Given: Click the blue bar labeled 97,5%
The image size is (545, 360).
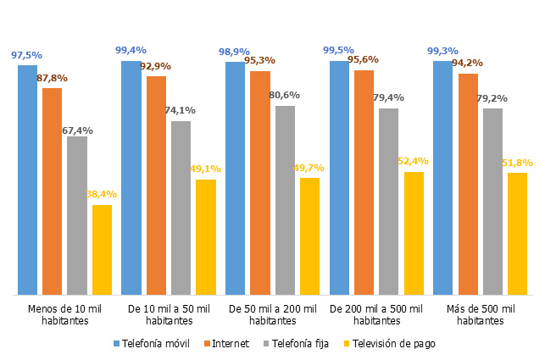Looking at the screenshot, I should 27,180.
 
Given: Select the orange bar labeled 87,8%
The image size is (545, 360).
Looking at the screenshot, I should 52,191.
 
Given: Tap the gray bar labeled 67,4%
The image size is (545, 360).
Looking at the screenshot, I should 77,215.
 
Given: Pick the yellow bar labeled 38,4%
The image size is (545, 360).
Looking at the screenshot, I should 102,250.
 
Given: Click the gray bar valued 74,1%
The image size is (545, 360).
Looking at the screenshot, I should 181,208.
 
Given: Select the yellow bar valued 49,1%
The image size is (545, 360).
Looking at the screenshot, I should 206,237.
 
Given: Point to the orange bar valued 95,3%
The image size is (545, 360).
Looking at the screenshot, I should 260,183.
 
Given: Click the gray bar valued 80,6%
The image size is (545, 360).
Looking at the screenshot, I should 285,200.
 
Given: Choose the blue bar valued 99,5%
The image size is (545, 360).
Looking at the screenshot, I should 339,178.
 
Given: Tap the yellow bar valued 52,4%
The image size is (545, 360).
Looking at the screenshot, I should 414,233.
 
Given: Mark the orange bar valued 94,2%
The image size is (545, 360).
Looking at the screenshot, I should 468,184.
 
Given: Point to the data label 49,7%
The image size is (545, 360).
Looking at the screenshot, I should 309,168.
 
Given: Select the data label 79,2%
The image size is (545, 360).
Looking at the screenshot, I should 492,98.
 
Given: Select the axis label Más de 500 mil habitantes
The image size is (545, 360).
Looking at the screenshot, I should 481,315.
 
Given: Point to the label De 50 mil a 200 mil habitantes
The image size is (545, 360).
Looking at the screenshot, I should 273,315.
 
